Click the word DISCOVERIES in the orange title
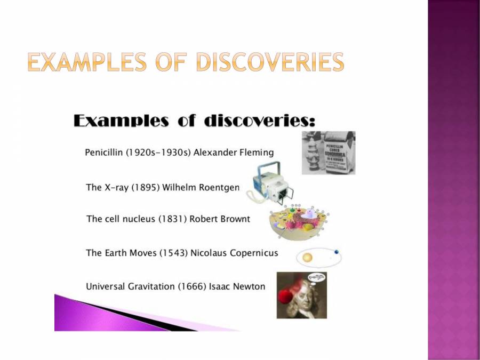(269, 62)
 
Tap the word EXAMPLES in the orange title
(86, 62)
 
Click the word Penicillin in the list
(104, 153)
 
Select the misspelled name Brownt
(235, 219)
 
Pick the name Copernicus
(254, 253)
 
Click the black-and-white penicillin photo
(329, 153)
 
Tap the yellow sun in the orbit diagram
(307, 258)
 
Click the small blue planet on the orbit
(336, 252)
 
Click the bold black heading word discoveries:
(260, 121)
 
